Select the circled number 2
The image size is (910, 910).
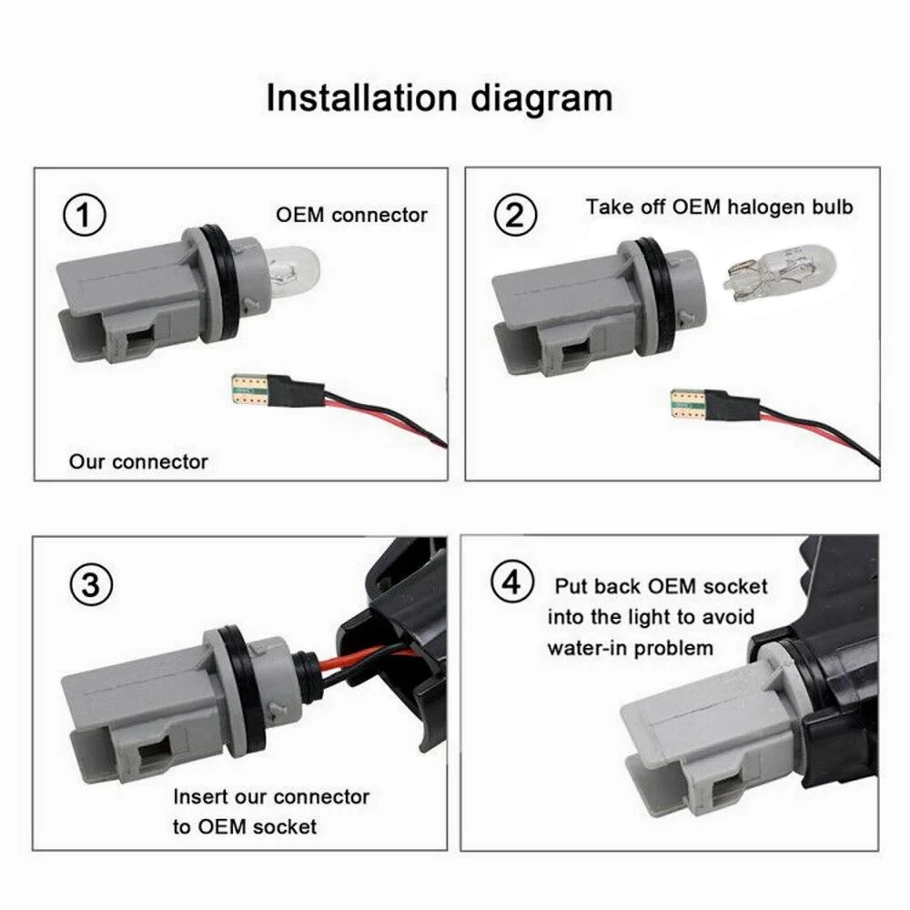(515, 217)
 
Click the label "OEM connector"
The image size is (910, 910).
(351, 216)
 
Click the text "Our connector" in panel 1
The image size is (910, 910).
(138, 461)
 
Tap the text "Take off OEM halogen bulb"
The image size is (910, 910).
(719, 207)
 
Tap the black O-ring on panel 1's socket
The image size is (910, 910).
(217, 283)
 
